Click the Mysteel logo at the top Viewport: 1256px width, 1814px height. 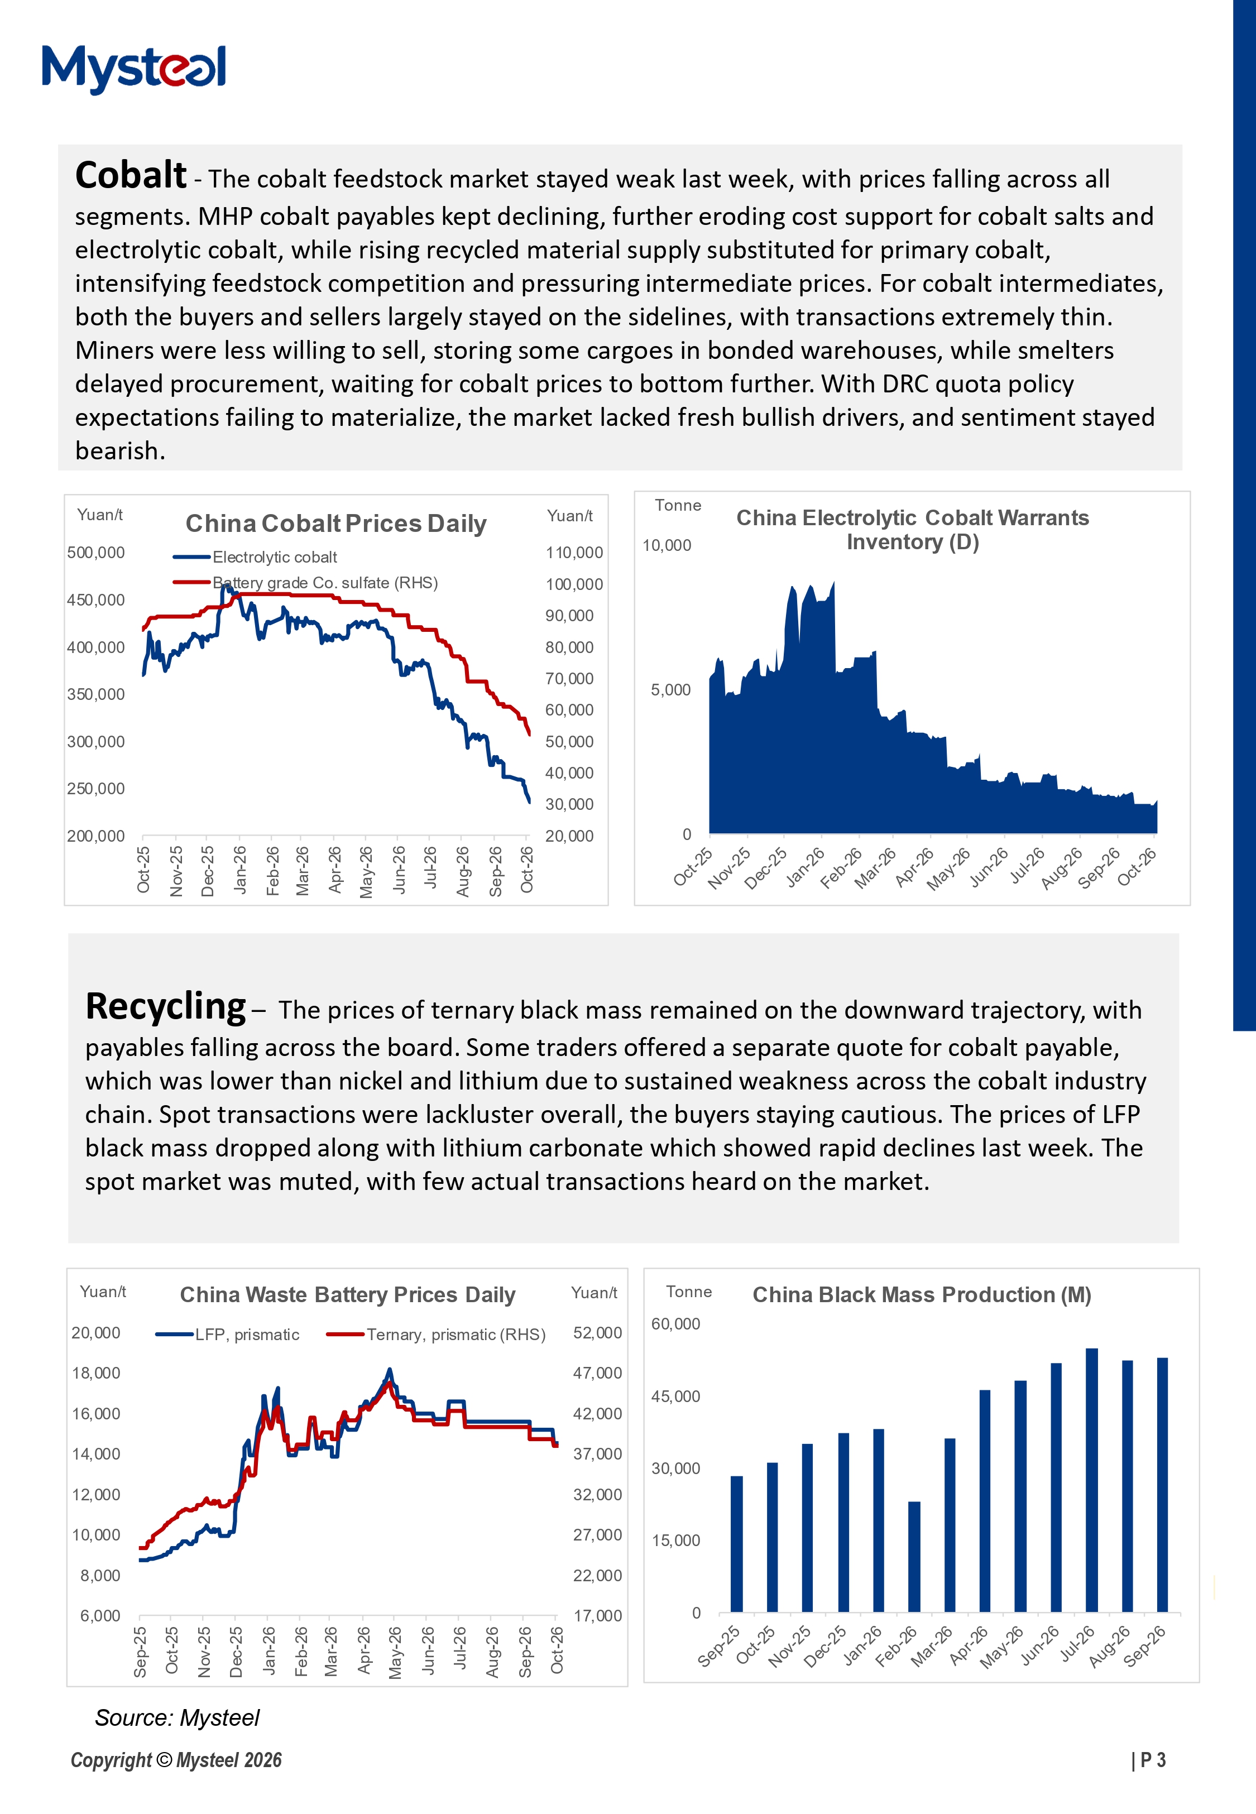pos(134,69)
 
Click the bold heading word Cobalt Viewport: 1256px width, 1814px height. pos(131,175)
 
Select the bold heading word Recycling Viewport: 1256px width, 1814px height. pos(165,1007)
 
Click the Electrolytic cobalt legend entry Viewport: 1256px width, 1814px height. pos(255,557)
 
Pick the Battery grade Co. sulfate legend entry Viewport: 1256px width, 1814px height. pos(305,582)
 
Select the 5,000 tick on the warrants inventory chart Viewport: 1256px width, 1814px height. pos(670,690)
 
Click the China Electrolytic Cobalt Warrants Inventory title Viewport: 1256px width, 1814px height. pos(912,530)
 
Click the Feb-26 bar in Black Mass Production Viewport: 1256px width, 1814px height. pos(914,1557)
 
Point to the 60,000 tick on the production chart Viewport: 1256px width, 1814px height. pos(675,1324)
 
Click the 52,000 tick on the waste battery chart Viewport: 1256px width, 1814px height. pos(597,1332)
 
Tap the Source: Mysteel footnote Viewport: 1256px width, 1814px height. pos(177,1717)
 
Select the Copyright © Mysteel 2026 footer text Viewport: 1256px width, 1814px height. pos(176,1760)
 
